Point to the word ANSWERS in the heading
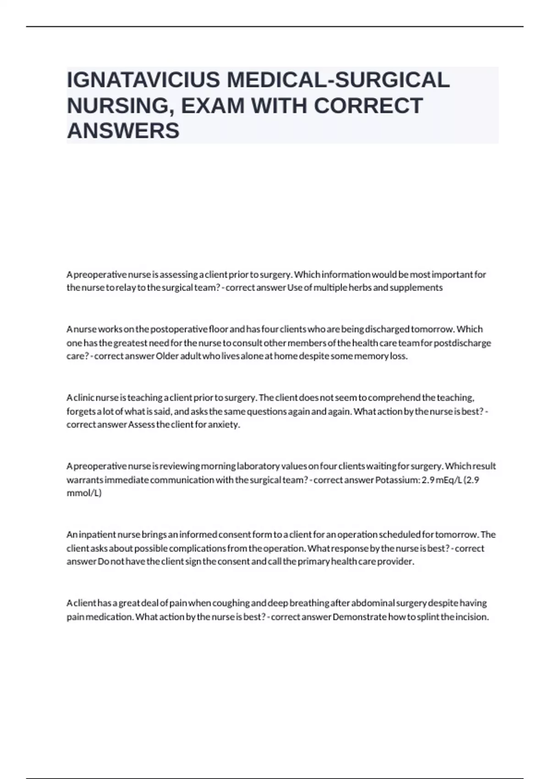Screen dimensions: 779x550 [123, 131]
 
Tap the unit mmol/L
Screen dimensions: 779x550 [84, 493]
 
